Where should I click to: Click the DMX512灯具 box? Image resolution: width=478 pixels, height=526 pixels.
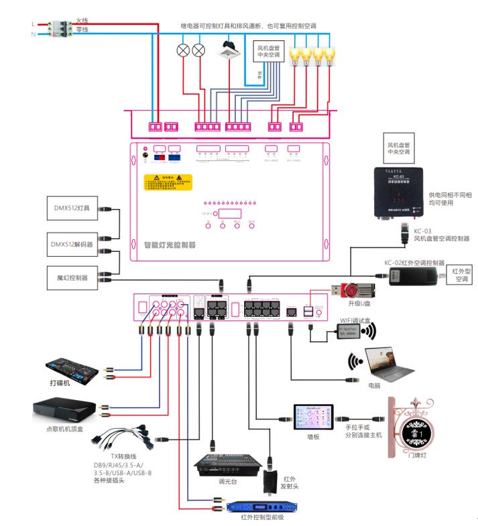tap(73, 207)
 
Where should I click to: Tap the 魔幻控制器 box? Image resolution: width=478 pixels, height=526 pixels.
tap(73, 277)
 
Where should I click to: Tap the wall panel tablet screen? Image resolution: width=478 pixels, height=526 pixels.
tap(314, 419)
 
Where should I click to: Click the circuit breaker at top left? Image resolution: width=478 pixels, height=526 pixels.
tap(59, 28)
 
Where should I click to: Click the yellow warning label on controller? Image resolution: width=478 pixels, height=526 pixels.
tap(168, 182)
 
